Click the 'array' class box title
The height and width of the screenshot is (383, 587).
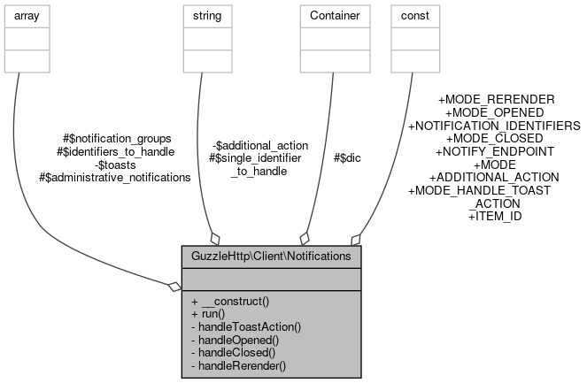tap(27, 15)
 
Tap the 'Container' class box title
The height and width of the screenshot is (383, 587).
tap(333, 15)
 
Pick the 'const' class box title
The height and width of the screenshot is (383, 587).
tap(414, 15)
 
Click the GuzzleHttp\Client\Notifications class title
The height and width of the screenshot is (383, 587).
tap(271, 257)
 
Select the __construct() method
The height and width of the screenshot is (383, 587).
tap(229, 301)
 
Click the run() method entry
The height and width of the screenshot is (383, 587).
tap(208, 314)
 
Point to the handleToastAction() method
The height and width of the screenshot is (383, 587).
tap(246, 326)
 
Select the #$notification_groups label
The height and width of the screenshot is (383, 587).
tap(117, 139)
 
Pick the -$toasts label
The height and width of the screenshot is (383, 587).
tap(116, 165)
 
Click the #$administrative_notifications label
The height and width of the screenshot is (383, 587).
tap(115, 177)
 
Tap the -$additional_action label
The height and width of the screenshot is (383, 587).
tap(260, 145)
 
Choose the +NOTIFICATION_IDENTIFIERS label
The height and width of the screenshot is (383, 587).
tap(493, 126)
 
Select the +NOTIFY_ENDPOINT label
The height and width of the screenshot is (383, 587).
tap(494, 151)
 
